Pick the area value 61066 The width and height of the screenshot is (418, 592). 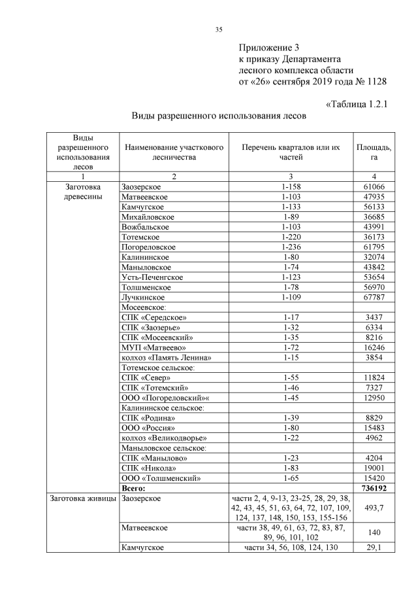click(x=374, y=188)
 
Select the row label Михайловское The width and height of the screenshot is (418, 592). click(x=148, y=216)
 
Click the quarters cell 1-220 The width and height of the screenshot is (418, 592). click(x=291, y=236)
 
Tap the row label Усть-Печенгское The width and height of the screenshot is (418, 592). click(x=152, y=277)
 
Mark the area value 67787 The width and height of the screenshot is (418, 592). click(x=374, y=298)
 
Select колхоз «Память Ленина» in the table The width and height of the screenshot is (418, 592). click(x=167, y=358)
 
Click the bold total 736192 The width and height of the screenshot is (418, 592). click(x=374, y=488)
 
